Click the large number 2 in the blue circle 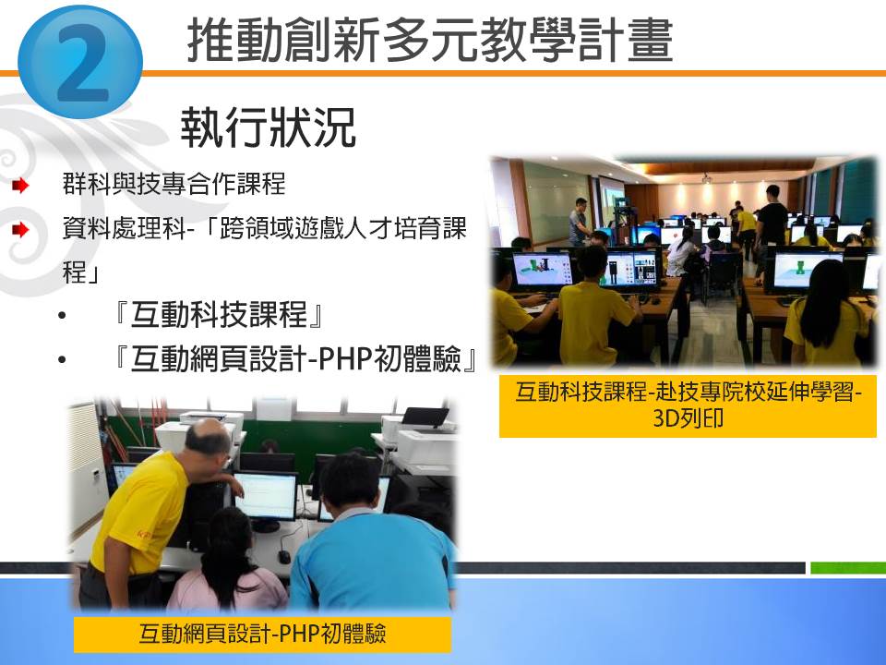[82, 64]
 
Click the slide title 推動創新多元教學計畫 [429, 40]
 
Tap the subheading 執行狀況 [268, 127]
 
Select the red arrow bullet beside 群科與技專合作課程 [20, 185]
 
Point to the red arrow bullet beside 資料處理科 [20, 230]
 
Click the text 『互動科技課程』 [220, 314]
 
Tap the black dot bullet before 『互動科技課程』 [62, 316]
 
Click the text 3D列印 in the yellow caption [688, 418]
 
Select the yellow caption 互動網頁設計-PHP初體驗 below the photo [262, 634]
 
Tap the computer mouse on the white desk [284, 556]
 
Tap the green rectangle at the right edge [848, 567]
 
